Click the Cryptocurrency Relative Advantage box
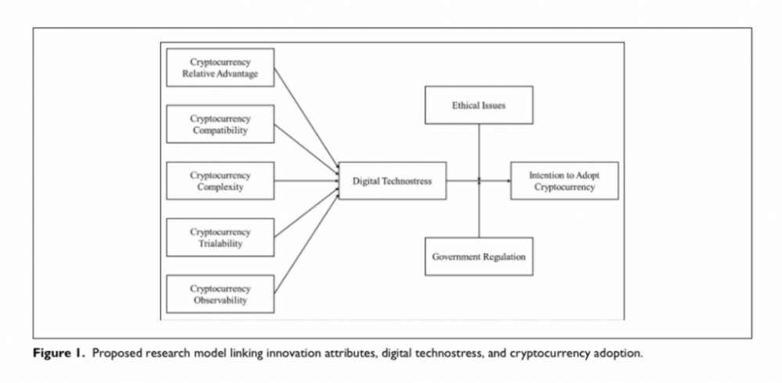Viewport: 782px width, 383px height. (x=220, y=68)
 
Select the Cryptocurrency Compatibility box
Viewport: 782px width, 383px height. (x=220, y=124)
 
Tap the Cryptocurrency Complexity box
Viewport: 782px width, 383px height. (x=220, y=181)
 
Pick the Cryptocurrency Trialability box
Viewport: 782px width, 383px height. (x=220, y=238)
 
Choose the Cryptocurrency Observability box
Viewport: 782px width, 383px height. (x=220, y=294)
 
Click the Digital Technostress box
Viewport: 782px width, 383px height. (x=393, y=181)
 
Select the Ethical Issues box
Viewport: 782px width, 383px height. (x=479, y=106)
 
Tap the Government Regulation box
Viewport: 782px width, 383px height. (x=479, y=256)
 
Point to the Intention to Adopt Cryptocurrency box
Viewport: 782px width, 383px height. (x=565, y=181)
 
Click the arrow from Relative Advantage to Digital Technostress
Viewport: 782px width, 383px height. (x=307, y=118)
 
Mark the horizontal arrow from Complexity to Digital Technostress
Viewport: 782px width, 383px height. (x=307, y=181)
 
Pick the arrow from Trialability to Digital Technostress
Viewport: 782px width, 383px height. (x=307, y=213)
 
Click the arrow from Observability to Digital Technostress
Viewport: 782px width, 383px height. (x=307, y=245)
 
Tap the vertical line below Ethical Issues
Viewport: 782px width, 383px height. (x=479, y=152)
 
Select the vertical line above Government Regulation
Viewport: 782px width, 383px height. (x=479, y=209)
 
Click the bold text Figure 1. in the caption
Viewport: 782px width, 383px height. (x=59, y=353)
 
